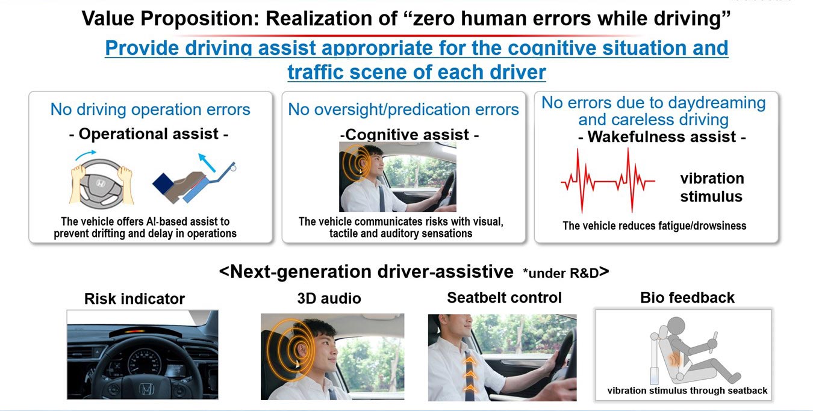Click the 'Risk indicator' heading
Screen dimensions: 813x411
point(134,299)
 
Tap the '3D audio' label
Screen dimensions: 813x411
point(329,298)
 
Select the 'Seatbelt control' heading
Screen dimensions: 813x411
point(504,297)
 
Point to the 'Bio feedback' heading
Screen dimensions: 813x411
point(687,297)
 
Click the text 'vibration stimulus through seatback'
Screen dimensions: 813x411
point(687,391)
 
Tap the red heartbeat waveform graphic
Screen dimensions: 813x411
point(608,181)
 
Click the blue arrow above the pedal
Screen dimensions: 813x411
point(207,162)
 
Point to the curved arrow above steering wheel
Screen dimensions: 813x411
point(85,154)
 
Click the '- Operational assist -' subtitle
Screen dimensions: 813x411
point(149,134)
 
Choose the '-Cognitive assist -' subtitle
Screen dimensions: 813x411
point(410,135)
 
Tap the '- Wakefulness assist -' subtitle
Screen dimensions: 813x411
point(662,137)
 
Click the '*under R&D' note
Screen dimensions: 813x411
point(561,273)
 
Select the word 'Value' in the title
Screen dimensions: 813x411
point(108,19)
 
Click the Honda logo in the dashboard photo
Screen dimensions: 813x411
point(146,389)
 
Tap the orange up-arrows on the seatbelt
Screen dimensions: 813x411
point(470,374)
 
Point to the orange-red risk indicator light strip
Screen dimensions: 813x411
point(134,331)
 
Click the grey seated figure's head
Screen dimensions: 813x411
point(676,326)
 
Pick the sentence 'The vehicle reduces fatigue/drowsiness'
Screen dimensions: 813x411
point(655,226)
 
